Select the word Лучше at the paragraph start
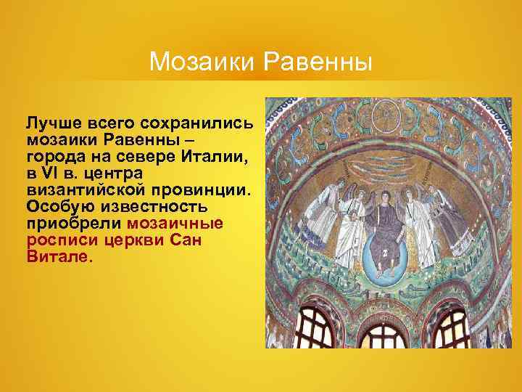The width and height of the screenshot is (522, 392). (x=50, y=121)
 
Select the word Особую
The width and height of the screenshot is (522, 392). (x=54, y=208)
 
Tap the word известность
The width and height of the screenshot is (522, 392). (x=154, y=208)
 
